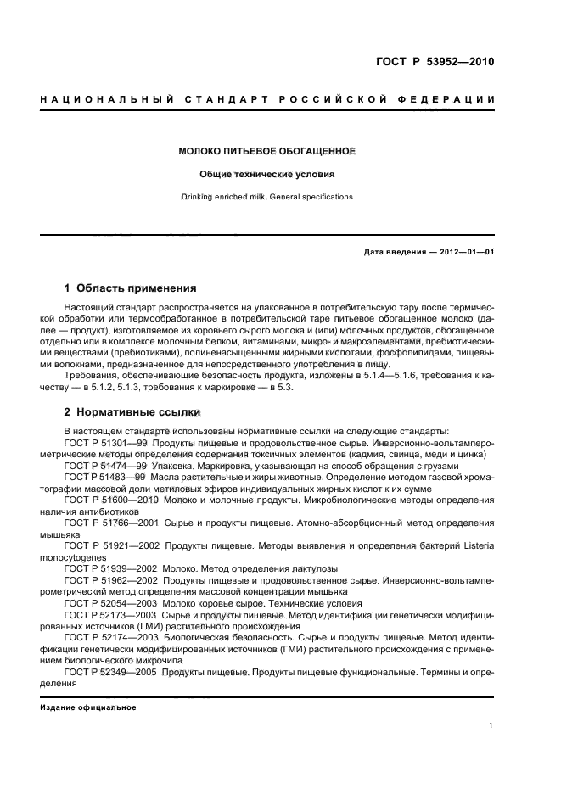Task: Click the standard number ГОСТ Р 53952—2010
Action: tap(435, 61)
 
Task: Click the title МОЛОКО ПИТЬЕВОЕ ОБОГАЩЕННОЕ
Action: tap(266, 152)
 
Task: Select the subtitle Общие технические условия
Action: tap(266, 174)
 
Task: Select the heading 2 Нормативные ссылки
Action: tap(132, 412)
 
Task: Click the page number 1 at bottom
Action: tap(491, 725)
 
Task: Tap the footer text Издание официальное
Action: tap(88, 707)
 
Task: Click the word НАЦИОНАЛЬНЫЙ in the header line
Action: tap(99, 100)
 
